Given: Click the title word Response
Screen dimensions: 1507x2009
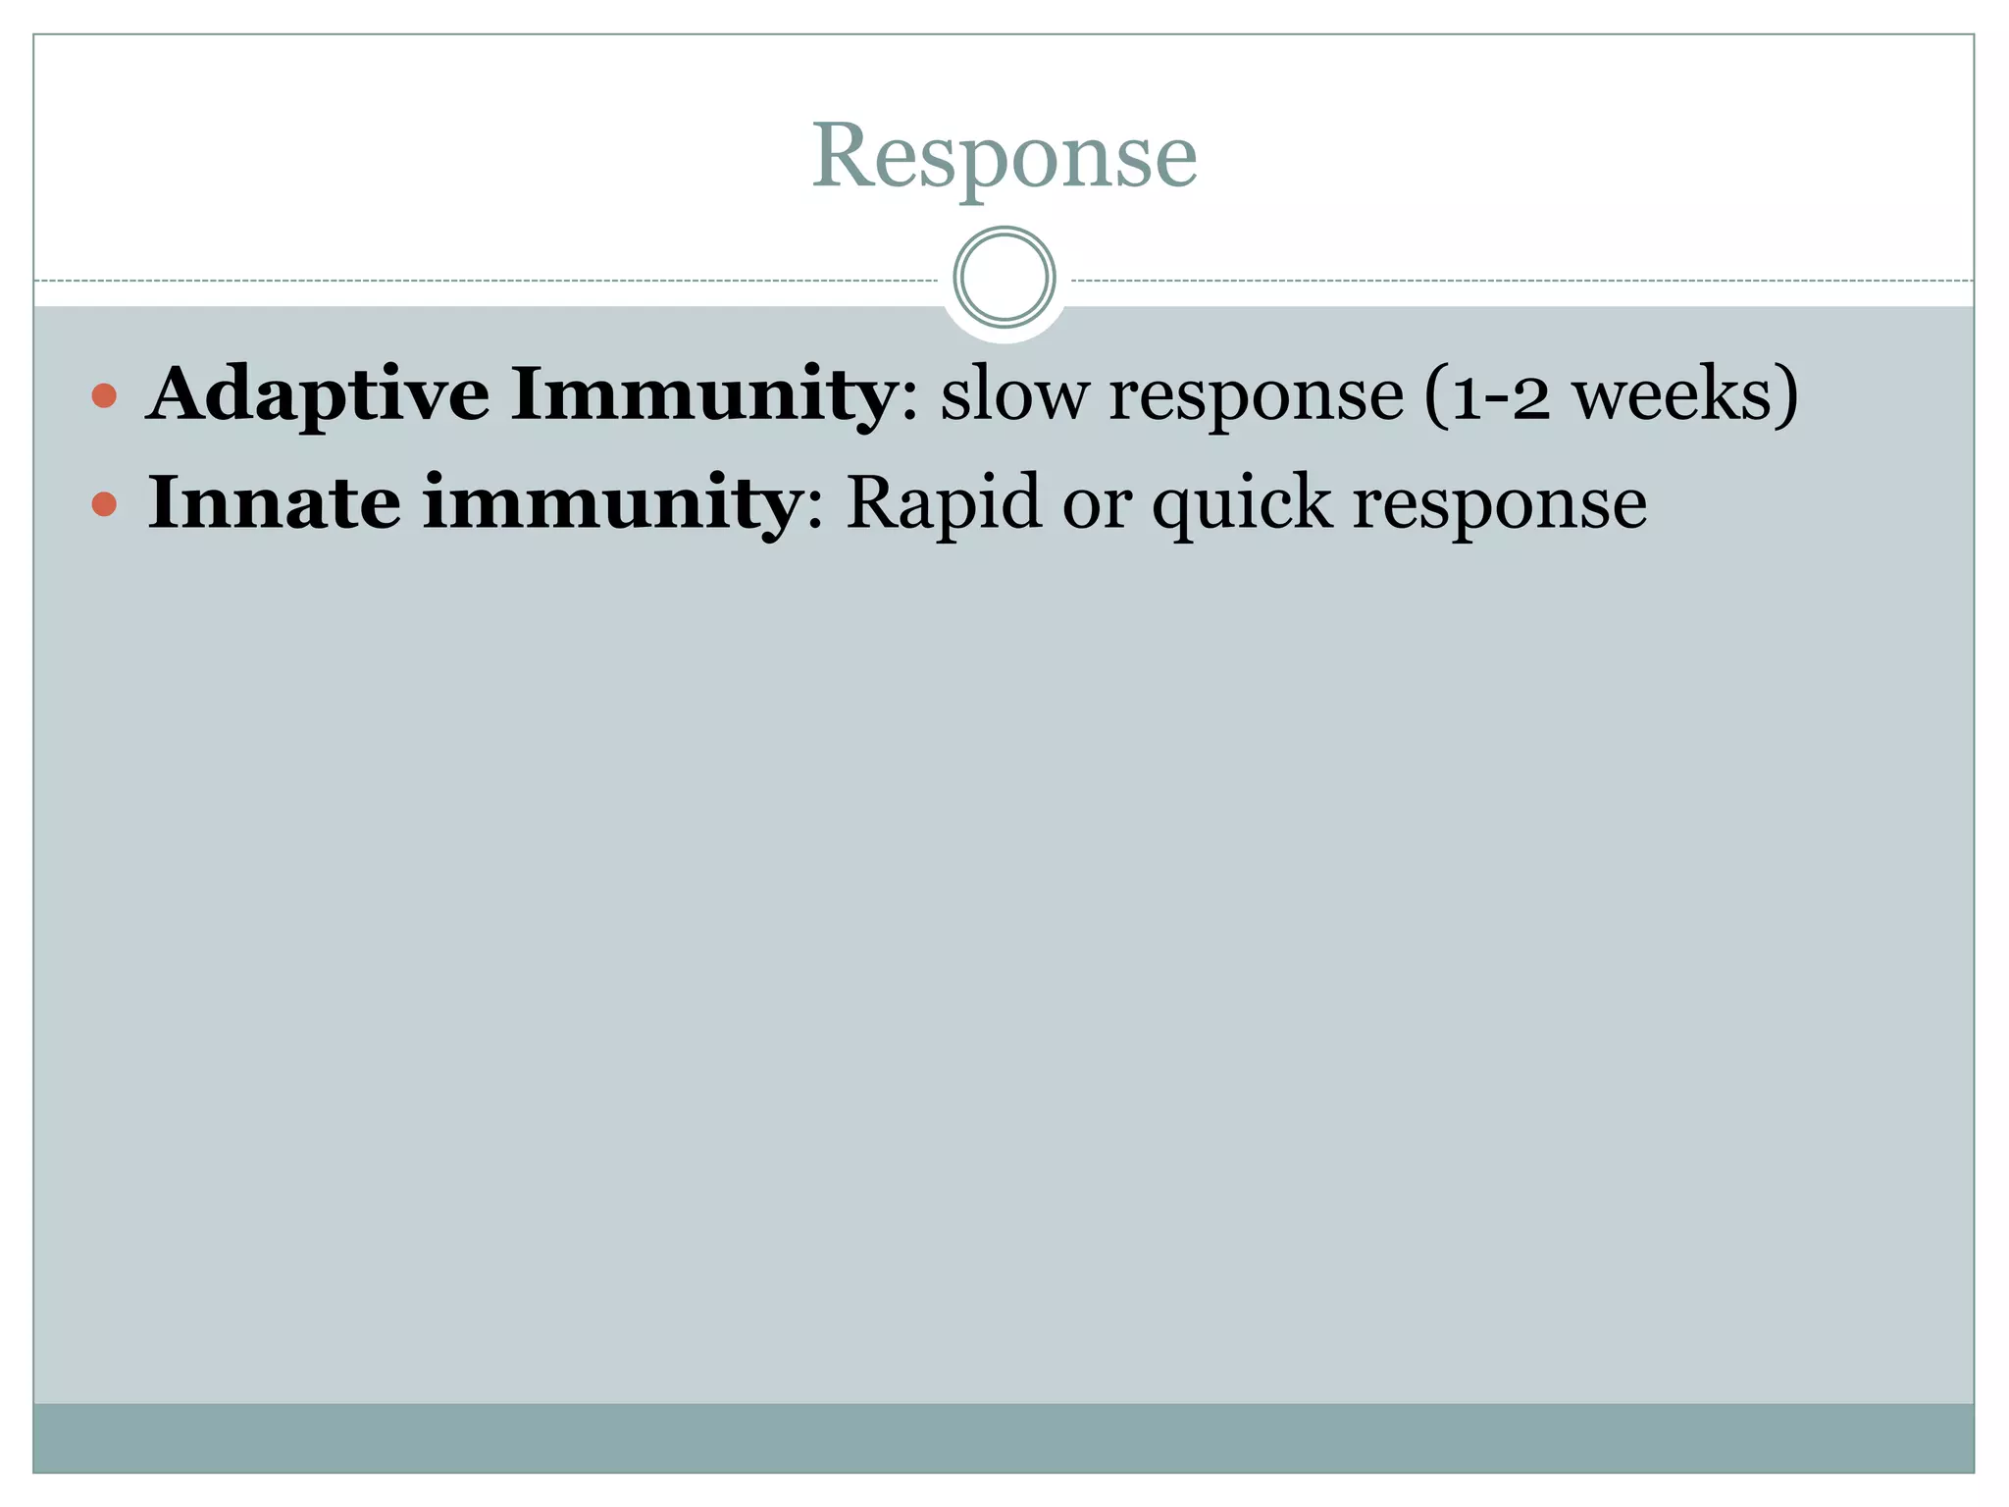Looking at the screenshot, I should click(1004, 157).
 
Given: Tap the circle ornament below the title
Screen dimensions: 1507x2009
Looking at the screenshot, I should click(1004, 277).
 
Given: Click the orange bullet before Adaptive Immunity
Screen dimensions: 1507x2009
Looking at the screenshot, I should click(104, 395).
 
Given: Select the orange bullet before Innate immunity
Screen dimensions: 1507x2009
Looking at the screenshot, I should click(104, 504).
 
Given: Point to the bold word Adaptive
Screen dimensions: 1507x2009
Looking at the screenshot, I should click(318, 395).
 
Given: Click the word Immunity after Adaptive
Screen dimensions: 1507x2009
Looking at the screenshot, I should click(701, 393).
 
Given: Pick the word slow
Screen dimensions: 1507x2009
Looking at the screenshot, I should click(1013, 393).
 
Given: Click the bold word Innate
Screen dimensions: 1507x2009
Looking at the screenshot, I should click(274, 502).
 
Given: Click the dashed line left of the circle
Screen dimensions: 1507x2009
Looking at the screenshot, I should click(490, 281).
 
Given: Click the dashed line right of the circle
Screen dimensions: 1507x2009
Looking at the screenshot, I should click(1520, 281).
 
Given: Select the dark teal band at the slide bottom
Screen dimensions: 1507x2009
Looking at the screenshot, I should click(1004, 1437).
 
